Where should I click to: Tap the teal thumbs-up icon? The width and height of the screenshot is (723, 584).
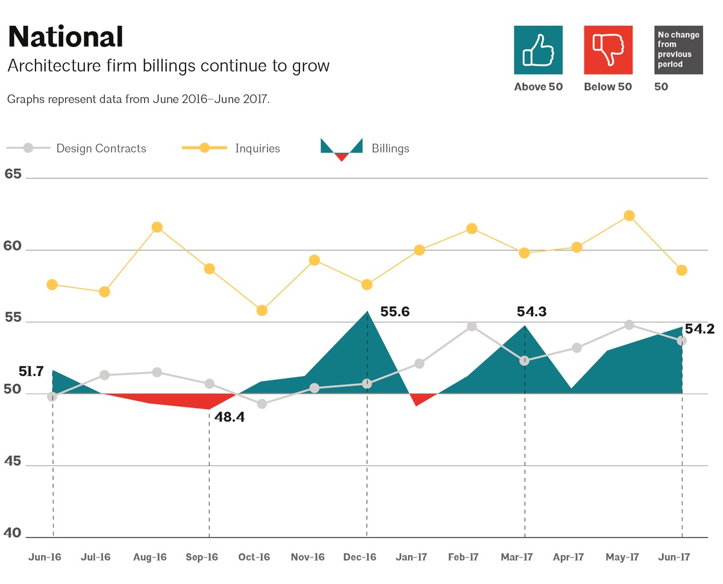pyautogui.click(x=538, y=50)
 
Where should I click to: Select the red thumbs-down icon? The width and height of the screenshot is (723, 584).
pyautogui.click(x=608, y=50)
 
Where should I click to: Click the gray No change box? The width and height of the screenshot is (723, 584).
pyautogui.click(x=678, y=50)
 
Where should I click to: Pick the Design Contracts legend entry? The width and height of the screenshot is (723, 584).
pyautogui.click(x=77, y=148)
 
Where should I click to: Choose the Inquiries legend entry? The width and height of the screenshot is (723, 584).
pyautogui.click(x=231, y=148)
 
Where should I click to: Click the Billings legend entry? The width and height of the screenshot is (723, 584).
pyautogui.click(x=365, y=148)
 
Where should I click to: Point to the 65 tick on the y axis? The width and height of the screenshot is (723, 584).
pyautogui.click(x=13, y=175)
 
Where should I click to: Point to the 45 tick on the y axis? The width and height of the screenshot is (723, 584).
pyautogui.click(x=13, y=462)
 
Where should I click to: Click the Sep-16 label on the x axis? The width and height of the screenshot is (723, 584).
pyautogui.click(x=202, y=557)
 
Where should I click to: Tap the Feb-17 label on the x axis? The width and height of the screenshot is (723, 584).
pyautogui.click(x=463, y=557)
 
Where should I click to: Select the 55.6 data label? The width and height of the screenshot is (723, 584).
pyautogui.click(x=395, y=312)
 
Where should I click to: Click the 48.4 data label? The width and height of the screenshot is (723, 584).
pyautogui.click(x=230, y=416)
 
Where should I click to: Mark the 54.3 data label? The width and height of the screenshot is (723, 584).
pyautogui.click(x=531, y=312)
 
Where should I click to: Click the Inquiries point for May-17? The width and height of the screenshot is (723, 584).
pyautogui.click(x=629, y=216)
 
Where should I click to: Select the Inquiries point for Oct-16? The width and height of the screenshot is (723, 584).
pyautogui.click(x=262, y=310)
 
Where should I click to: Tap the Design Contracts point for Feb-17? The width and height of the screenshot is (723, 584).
pyautogui.click(x=472, y=327)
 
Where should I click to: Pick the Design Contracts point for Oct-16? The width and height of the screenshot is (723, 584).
pyautogui.click(x=262, y=404)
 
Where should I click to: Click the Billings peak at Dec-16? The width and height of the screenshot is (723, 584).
pyautogui.click(x=367, y=312)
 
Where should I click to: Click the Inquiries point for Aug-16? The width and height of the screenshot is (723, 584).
pyautogui.click(x=157, y=227)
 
